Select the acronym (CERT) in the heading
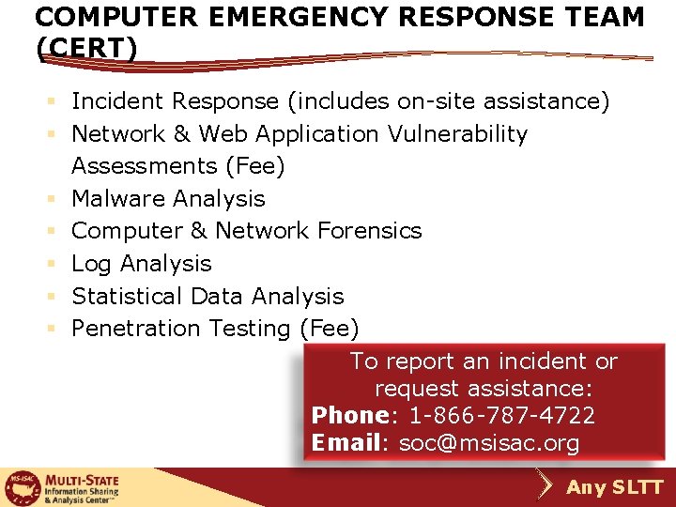tap(85, 48)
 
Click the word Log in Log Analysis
tap(91, 264)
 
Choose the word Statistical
tap(128, 296)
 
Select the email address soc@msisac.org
tap(489, 443)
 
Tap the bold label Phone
tap(349, 415)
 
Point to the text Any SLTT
tap(615, 487)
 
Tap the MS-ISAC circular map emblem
tap(22, 487)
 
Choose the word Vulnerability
tap(457, 134)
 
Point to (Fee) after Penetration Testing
tap(329, 329)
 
